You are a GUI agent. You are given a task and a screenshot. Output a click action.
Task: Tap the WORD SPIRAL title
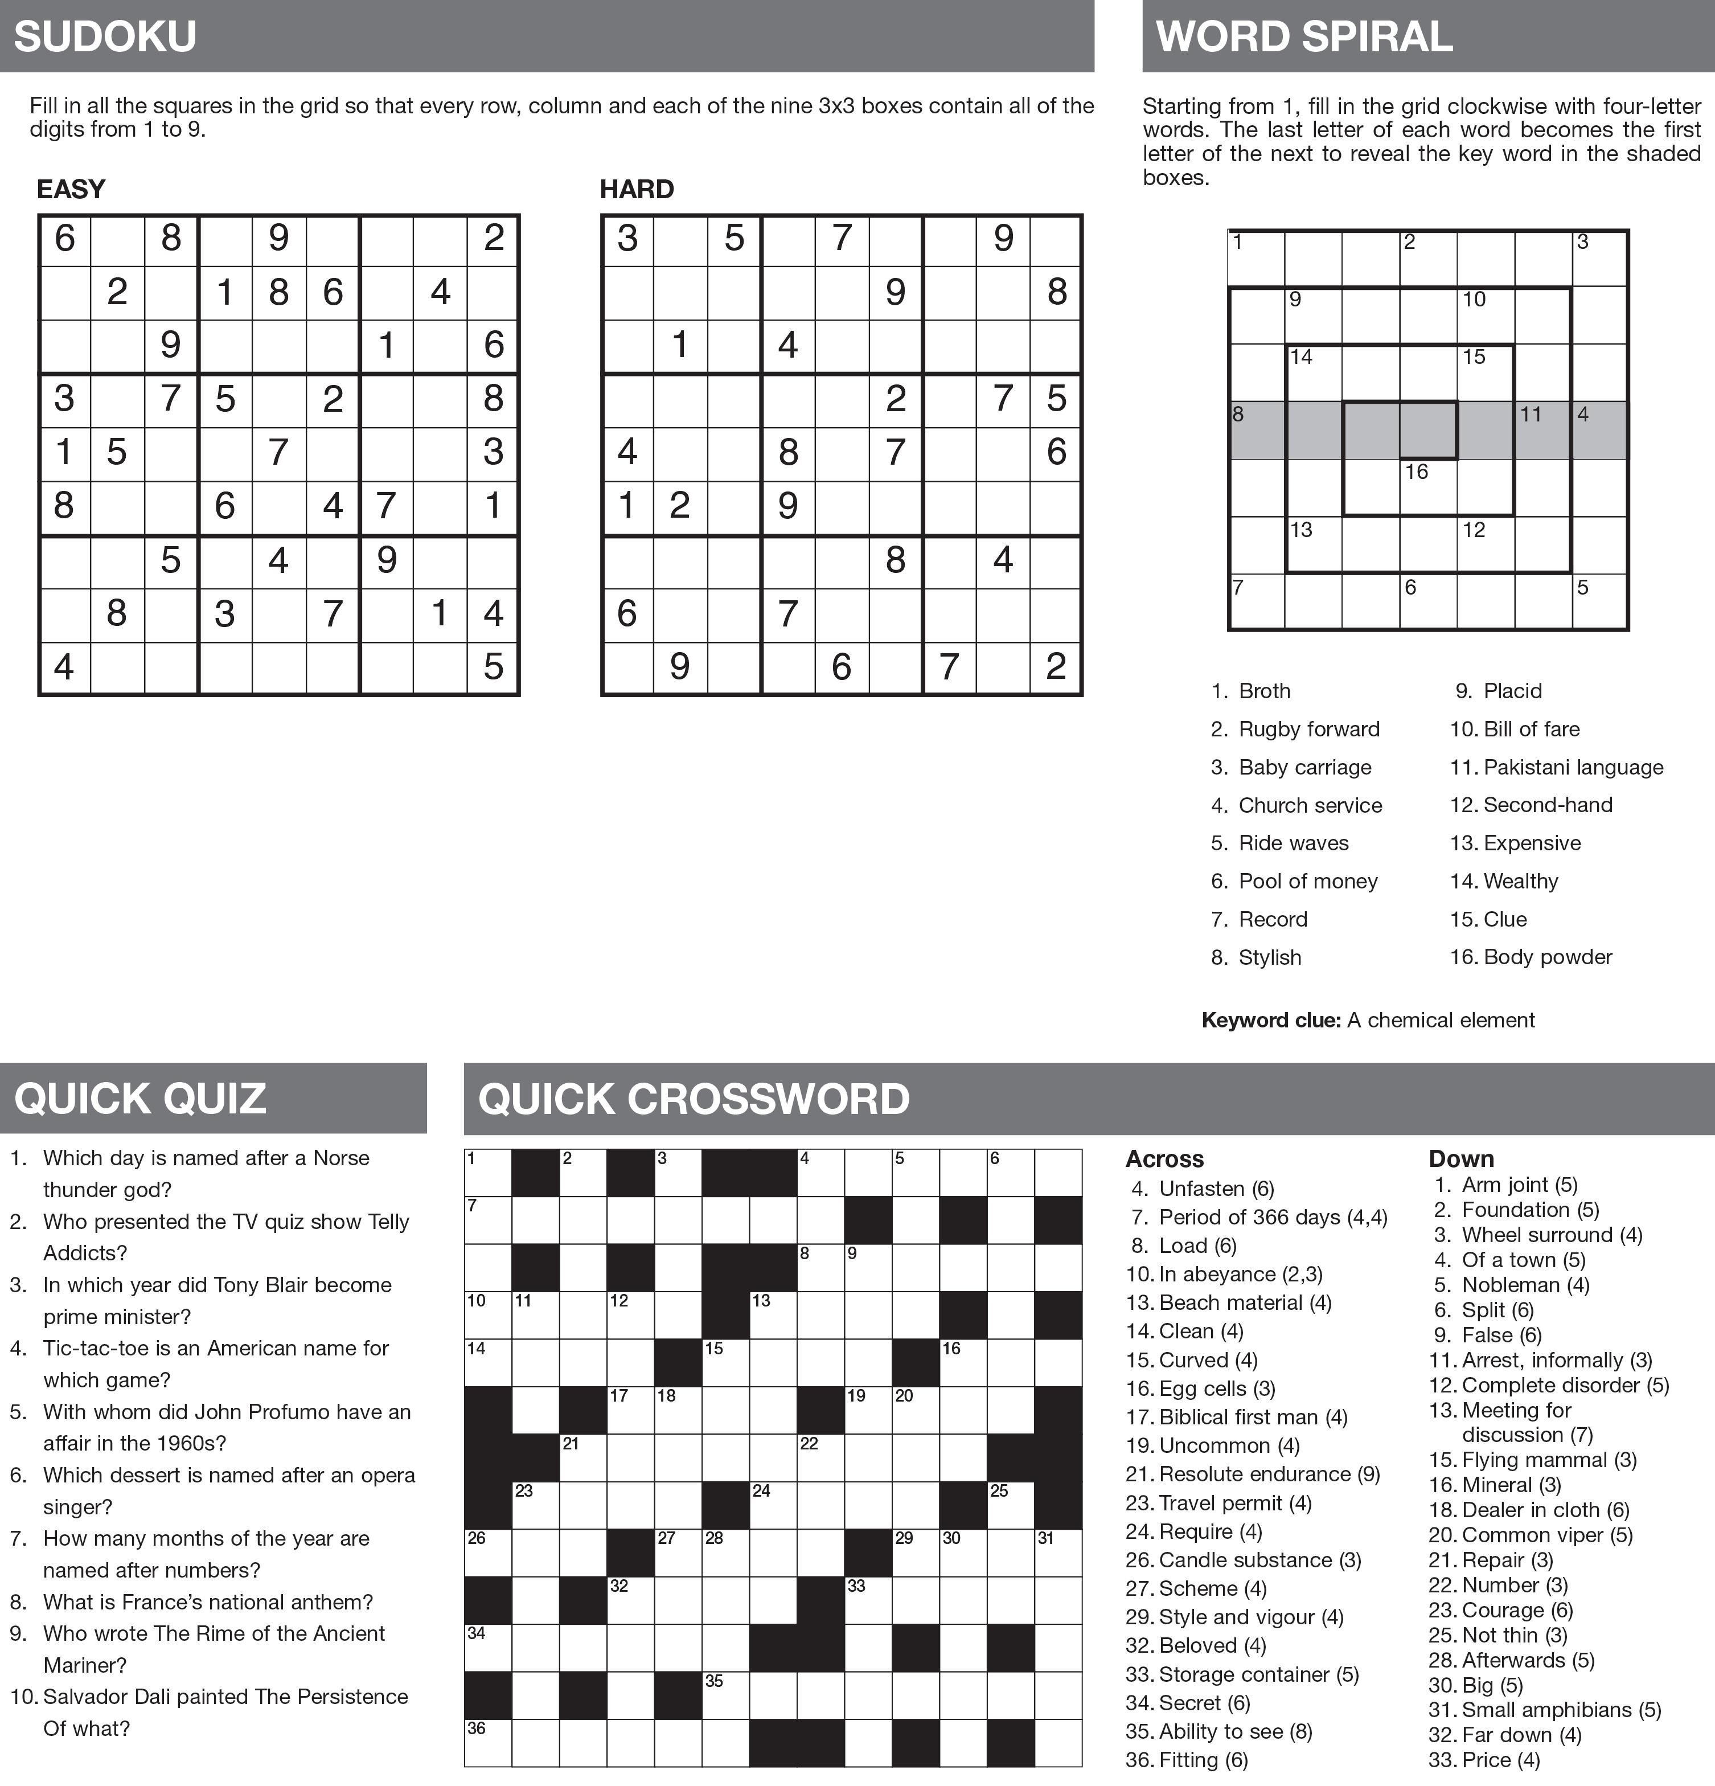coord(1303,36)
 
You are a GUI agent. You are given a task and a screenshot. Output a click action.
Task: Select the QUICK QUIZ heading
coord(140,1098)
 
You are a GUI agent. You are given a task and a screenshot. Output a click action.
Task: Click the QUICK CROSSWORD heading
coord(694,1098)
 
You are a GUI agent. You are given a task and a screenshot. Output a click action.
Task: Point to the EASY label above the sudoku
coord(71,190)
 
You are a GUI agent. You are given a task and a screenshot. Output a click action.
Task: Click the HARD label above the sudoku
coord(636,190)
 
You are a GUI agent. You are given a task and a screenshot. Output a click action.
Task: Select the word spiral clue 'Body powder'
coord(1531,957)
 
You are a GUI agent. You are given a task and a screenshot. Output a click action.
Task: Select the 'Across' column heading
coord(1164,1159)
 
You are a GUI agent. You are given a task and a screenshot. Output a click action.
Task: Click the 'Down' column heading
coord(1460,1159)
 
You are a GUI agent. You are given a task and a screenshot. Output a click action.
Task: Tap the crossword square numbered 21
coord(583,1457)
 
